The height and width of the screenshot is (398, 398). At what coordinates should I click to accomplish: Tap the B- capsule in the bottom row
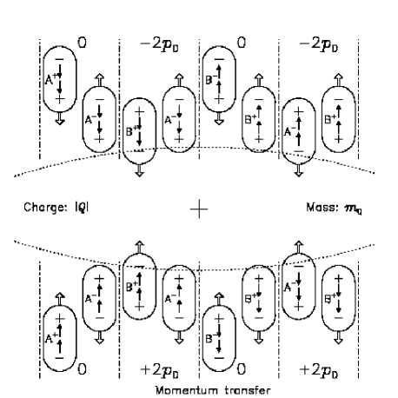(x=217, y=328)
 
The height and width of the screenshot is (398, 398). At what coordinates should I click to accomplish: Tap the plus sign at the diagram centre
(x=199, y=208)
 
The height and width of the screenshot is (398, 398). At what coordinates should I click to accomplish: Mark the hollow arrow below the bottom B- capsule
(x=217, y=368)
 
